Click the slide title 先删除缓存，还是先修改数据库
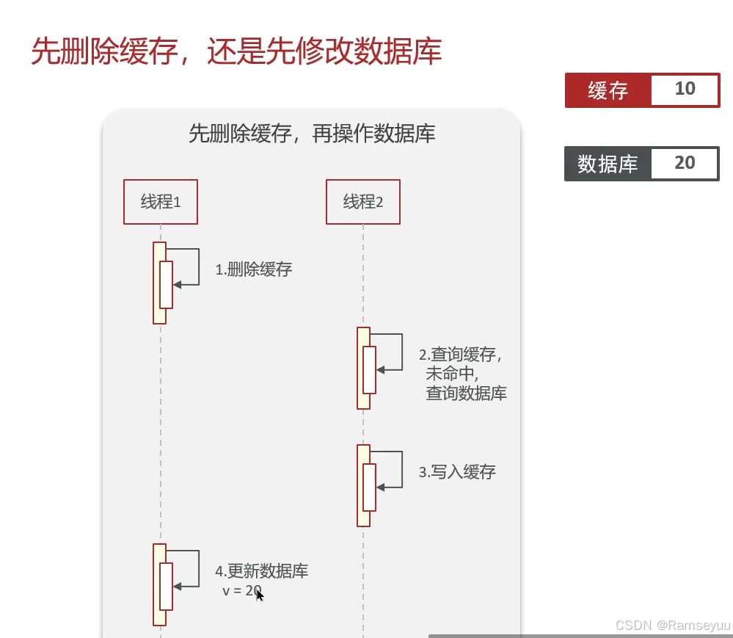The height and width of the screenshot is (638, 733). pos(236,53)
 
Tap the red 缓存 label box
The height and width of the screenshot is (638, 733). pos(608,90)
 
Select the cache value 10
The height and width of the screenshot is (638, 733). pos(684,90)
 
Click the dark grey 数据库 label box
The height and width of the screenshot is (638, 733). pos(607,164)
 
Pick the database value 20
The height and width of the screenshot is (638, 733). pos(684,163)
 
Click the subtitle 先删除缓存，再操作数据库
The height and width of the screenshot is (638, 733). pos(312,134)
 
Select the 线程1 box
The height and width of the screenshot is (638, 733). pos(161,202)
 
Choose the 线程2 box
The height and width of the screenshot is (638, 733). pos(363,202)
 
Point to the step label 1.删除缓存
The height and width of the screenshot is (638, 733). pos(253,269)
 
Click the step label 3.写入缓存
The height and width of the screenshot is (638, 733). pos(457,472)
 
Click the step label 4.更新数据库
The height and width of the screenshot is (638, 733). pos(261,571)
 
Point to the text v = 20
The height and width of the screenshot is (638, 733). pos(242,590)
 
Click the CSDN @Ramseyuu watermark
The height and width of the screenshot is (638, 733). pos(673,625)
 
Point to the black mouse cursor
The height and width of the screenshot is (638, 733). pos(260,595)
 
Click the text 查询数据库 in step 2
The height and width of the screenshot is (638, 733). pos(466,394)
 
